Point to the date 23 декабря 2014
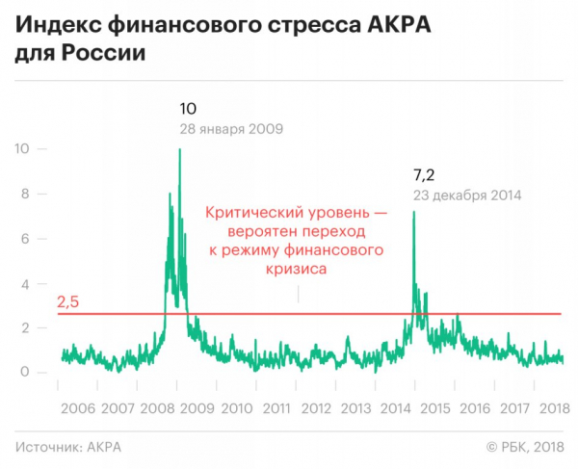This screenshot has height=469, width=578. pyautogui.click(x=466, y=195)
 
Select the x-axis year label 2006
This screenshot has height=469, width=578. pyautogui.click(x=77, y=407)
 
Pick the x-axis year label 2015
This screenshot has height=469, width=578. pyautogui.click(x=437, y=407)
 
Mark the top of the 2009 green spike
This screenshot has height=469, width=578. pyautogui.click(x=179, y=149)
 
